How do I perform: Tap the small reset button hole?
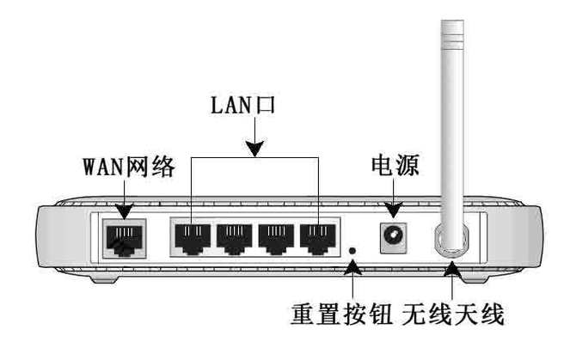pyautogui.click(x=353, y=251)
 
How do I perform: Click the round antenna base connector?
pyautogui.click(x=451, y=239)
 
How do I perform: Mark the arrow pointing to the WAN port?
pyautogui.click(x=123, y=203)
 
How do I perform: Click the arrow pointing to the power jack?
pyautogui.click(x=395, y=203)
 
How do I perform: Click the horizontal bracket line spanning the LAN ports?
pyautogui.click(x=254, y=157)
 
